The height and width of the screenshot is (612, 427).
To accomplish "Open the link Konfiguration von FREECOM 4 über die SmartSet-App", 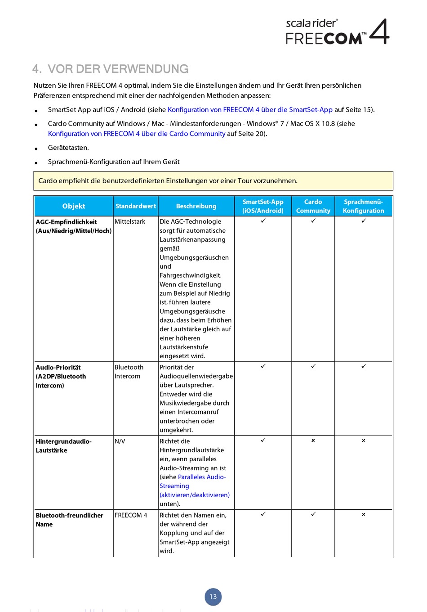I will pyautogui.click(x=250, y=110).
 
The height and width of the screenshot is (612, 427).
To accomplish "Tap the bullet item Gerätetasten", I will pyautogui.click(x=68, y=148).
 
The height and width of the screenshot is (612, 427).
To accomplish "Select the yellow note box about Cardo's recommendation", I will pyautogui.click(x=213, y=181).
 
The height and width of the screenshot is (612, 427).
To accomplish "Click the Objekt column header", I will pyautogui.click(x=74, y=206).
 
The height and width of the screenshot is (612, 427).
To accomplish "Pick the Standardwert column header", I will pyautogui.click(x=136, y=206).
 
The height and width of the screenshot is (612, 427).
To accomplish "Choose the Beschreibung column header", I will pyautogui.click(x=196, y=206).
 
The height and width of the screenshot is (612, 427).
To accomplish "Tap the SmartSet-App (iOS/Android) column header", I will pyautogui.click(x=263, y=206).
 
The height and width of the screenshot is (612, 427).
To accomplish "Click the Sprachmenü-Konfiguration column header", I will pyautogui.click(x=363, y=206).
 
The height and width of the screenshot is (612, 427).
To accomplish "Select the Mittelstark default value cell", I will pyautogui.click(x=130, y=222).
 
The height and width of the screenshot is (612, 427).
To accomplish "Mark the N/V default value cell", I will pyautogui.click(x=120, y=441).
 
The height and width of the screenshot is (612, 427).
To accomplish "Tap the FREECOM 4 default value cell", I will pyautogui.click(x=131, y=515).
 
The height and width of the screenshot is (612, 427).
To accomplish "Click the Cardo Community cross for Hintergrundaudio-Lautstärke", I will pyautogui.click(x=313, y=441).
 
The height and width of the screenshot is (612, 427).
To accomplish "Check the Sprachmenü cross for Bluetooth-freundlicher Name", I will pyautogui.click(x=364, y=514).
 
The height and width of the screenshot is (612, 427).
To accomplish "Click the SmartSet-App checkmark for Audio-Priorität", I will pyautogui.click(x=263, y=366).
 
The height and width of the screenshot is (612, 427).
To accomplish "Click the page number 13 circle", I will pyautogui.click(x=213, y=597).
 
